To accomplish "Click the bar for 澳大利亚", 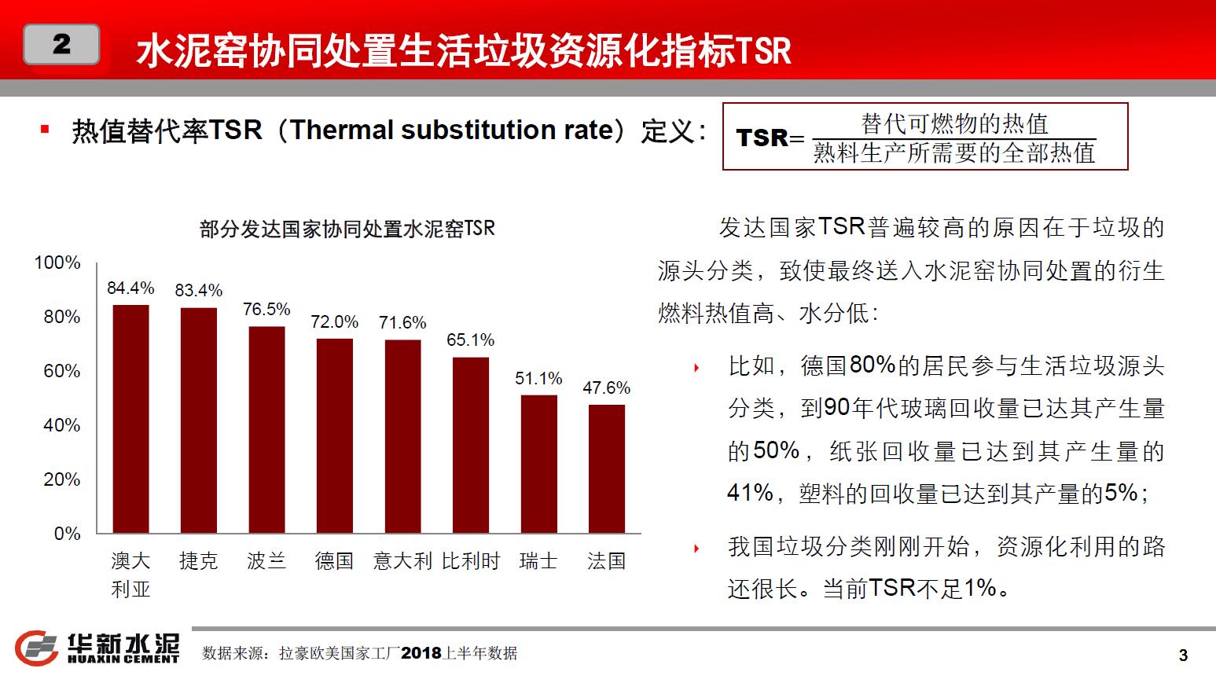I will (x=130, y=419).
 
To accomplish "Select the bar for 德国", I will (x=335, y=435).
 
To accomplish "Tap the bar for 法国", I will (x=607, y=468).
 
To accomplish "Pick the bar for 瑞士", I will (x=539, y=464).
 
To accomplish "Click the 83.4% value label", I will (x=199, y=291).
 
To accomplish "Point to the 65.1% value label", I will (x=471, y=340).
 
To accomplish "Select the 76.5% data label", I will (x=266, y=310).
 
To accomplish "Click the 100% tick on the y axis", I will (x=57, y=263).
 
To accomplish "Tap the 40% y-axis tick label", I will (x=62, y=425).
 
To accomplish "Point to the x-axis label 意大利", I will (x=402, y=561).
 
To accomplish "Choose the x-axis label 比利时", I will (x=471, y=561).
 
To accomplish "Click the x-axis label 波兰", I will (x=266, y=561).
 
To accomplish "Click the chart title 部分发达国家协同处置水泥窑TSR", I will (x=347, y=229).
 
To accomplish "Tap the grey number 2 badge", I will (x=61, y=45).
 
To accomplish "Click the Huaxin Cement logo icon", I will (x=37, y=648).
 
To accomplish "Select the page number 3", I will (x=1183, y=655).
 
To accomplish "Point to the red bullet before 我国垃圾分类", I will (x=696, y=549).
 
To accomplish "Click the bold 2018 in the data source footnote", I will (x=421, y=653).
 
